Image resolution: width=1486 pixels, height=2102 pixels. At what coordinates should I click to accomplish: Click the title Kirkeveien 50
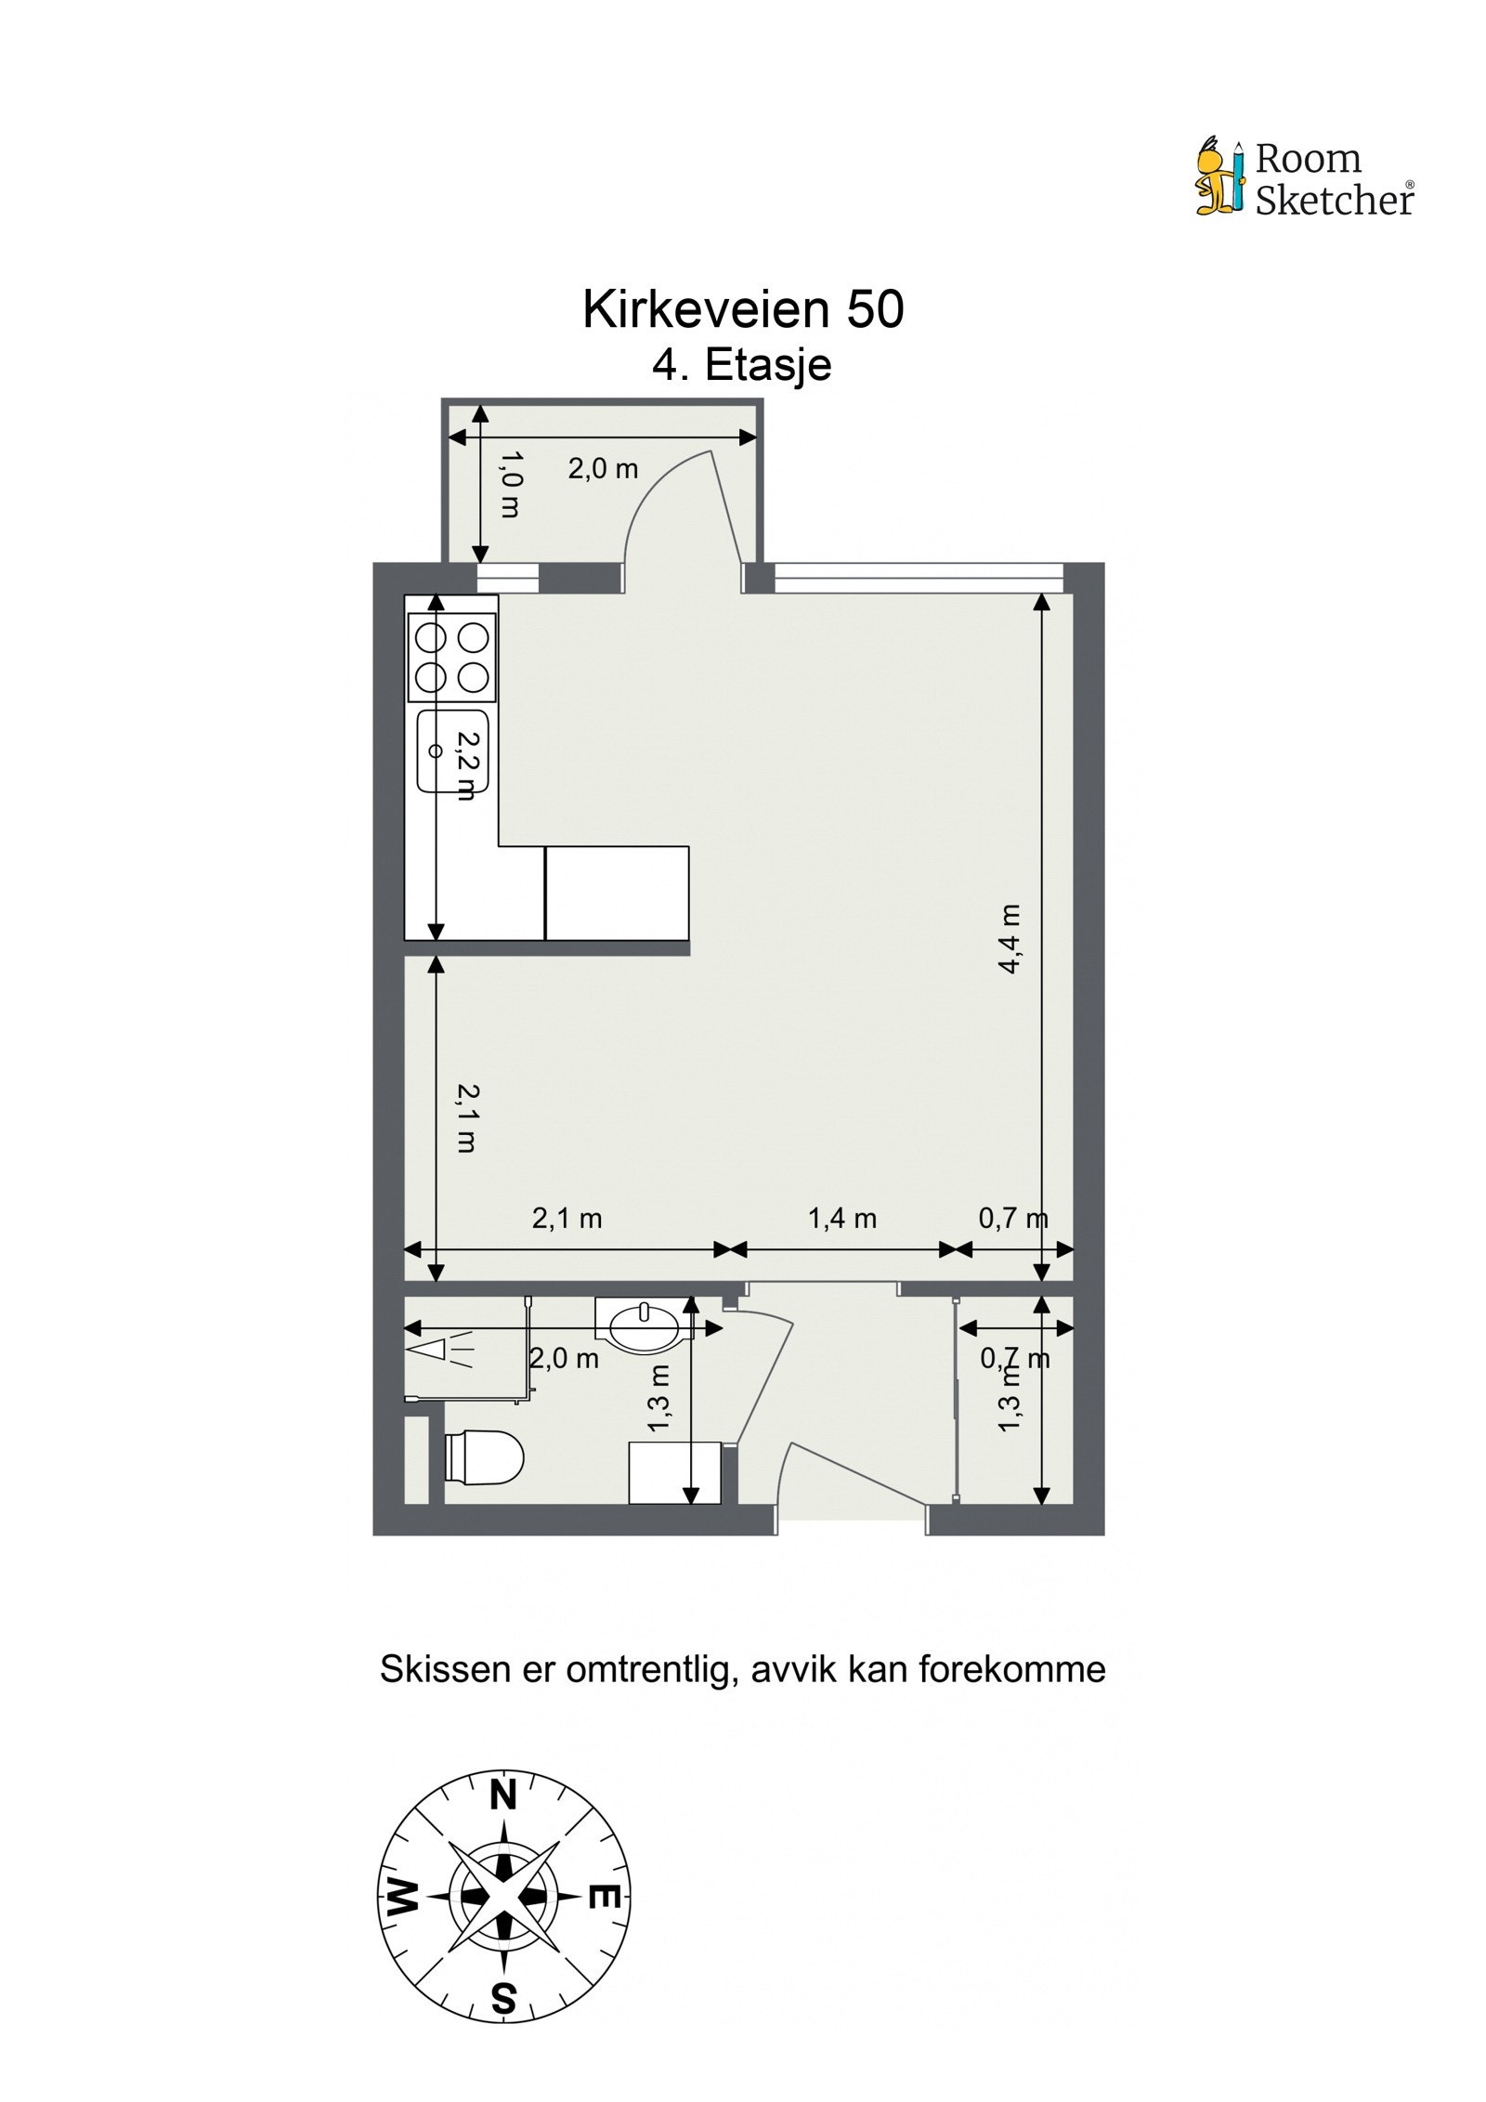tap(742, 309)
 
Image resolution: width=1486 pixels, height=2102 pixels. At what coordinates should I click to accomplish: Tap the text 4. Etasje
tap(741, 364)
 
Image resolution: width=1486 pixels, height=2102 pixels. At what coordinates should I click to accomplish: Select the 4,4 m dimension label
tap(1010, 938)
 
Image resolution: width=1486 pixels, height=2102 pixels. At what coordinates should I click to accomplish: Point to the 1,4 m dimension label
tap(841, 1219)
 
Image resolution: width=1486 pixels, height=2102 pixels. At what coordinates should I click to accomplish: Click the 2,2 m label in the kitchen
tap(467, 764)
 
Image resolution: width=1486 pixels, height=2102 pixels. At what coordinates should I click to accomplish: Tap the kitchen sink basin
tap(452, 751)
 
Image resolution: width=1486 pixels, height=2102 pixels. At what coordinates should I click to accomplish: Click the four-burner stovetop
tap(452, 657)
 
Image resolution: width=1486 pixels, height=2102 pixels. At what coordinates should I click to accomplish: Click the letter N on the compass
tap(502, 1795)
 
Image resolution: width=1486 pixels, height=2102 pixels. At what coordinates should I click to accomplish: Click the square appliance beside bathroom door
tap(675, 1472)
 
